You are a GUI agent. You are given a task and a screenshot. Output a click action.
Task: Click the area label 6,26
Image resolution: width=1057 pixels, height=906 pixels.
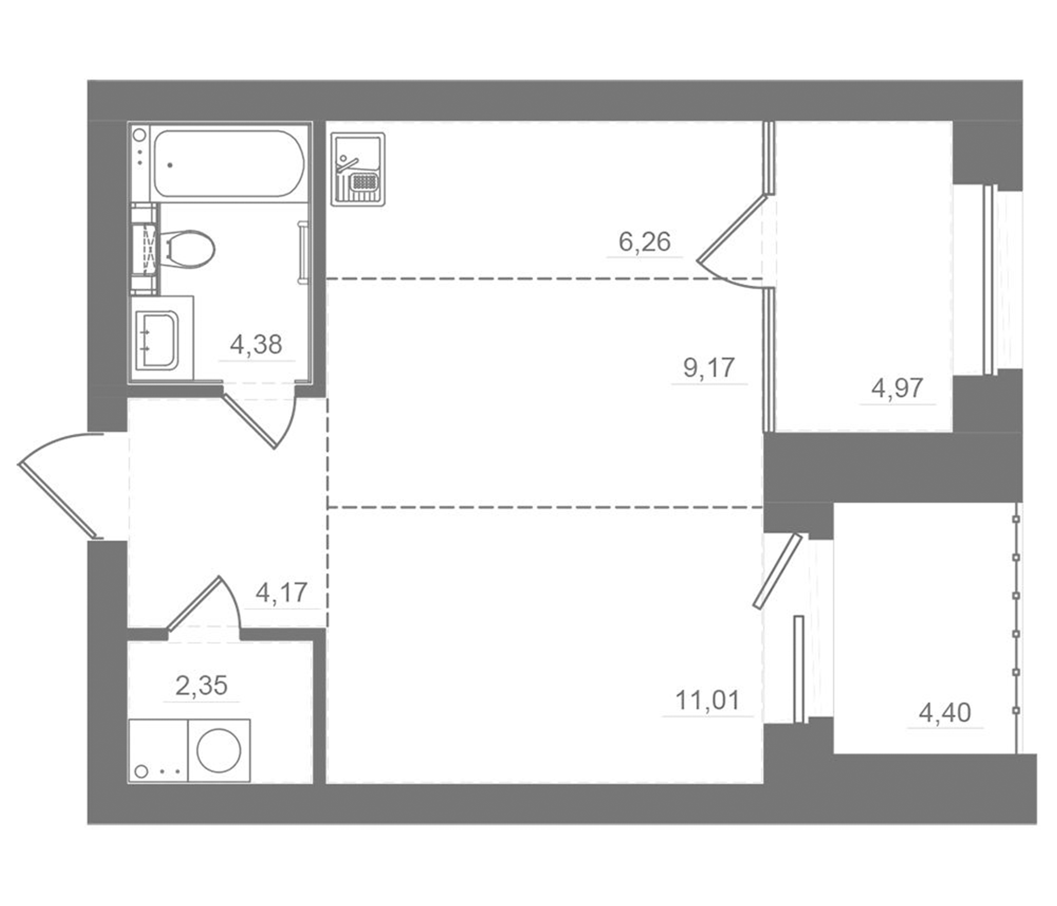644,242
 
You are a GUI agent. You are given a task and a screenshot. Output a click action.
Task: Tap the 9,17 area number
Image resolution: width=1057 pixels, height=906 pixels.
709,368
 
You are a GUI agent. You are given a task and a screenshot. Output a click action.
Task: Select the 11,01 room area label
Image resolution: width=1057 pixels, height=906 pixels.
708,701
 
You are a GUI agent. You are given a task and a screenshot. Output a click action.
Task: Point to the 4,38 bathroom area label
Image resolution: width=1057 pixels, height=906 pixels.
256,345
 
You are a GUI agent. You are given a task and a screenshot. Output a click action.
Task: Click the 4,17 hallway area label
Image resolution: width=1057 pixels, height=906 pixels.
281,593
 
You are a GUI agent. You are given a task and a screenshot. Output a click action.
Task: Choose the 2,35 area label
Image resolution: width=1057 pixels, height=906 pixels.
201,686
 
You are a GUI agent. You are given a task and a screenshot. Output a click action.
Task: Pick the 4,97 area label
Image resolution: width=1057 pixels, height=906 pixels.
897,389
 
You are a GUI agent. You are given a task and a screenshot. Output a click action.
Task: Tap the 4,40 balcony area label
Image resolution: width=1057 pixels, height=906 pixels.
945,713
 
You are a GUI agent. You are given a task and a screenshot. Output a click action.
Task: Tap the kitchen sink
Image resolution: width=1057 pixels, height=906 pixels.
357,169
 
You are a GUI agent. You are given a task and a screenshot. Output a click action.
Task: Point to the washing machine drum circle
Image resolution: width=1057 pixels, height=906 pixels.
219,750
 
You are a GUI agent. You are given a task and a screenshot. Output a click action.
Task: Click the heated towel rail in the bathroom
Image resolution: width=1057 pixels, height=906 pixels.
303,252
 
